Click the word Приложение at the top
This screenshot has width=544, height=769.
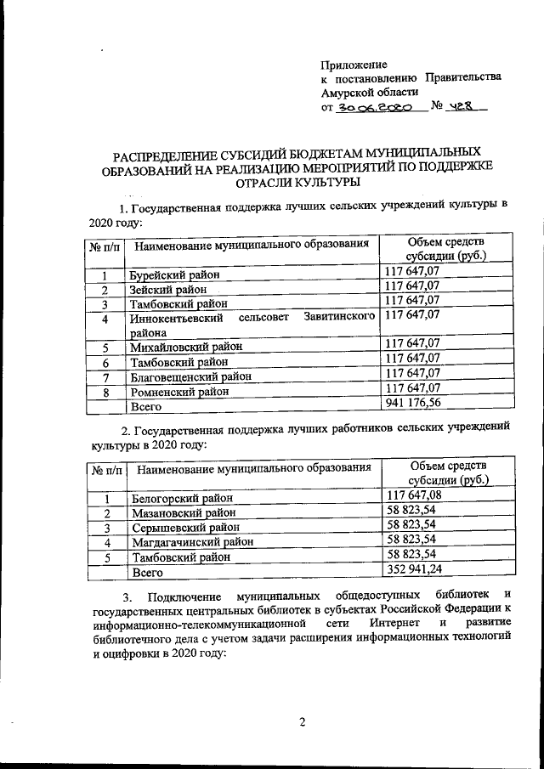tap(354, 65)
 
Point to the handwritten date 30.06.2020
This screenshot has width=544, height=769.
tap(376, 109)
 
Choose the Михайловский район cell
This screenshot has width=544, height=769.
tap(185, 348)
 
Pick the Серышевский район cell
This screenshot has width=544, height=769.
tap(182, 528)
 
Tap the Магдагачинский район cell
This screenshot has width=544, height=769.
tap(191, 542)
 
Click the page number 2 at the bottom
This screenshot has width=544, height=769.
tap(301, 722)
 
